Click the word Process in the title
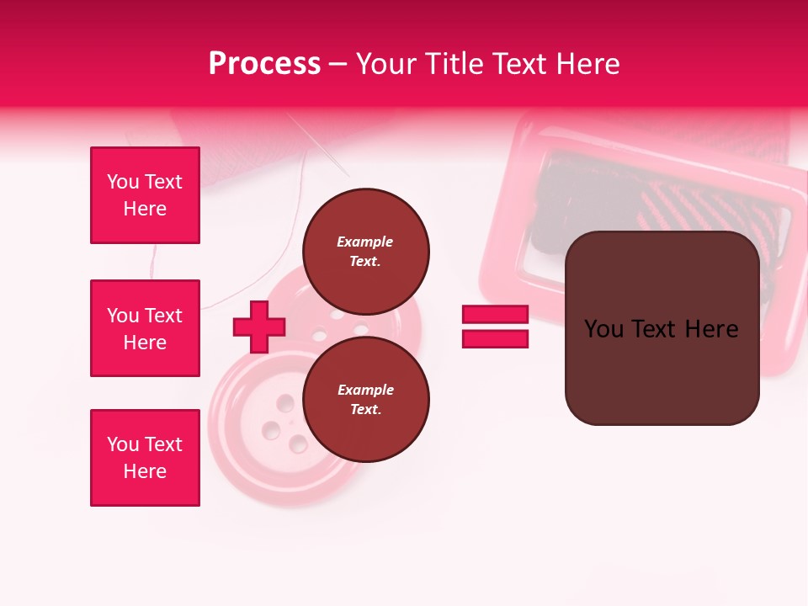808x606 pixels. pyautogui.click(x=264, y=64)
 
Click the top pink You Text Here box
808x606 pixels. pyautogui.click(x=145, y=195)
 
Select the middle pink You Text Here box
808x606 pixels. pyautogui.click(x=145, y=328)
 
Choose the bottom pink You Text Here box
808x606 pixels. pyautogui.click(x=145, y=458)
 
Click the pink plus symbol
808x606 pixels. pyautogui.click(x=259, y=327)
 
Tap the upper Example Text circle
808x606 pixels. pyautogui.click(x=365, y=251)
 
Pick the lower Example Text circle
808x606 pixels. pyautogui.click(x=365, y=399)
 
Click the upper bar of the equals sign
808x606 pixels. pyautogui.click(x=495, y=315)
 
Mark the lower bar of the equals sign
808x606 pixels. pyautogui.click(x=495, y=338)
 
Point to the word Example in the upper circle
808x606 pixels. pyautogui.click(x=365, y=242)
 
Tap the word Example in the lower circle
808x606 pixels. pyautogui.click(x=365, y=390)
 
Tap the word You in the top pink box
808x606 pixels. pyautogui.click(x=122, y=182)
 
